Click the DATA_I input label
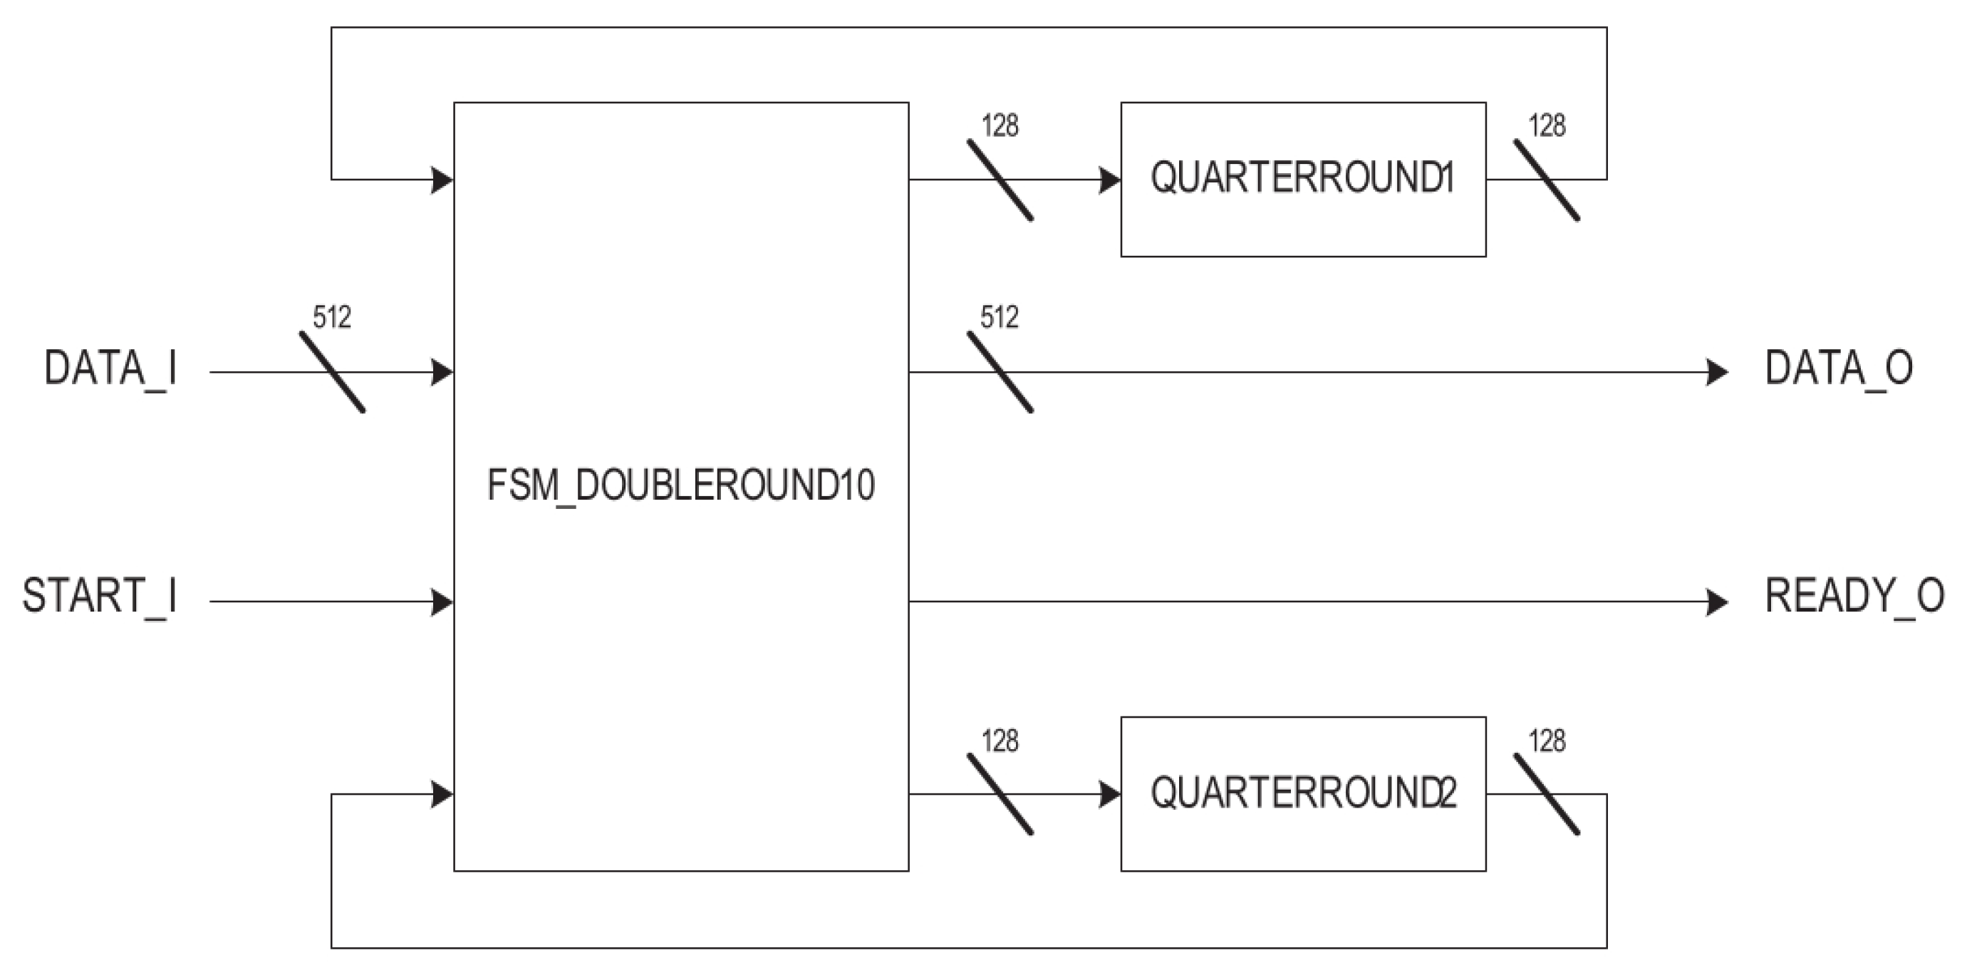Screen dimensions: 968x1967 [110, 369]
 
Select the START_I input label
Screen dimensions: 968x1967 [100, 597]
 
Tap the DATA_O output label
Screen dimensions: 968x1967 [1839, 369]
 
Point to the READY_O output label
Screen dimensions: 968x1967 [1854, 597]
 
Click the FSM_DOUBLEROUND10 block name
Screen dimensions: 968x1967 [680, 486]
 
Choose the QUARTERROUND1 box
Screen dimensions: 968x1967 [1303, 179]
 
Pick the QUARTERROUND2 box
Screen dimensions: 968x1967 [1303, 793]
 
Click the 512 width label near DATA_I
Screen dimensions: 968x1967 [332, 317]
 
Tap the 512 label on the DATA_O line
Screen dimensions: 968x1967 [1000, 317]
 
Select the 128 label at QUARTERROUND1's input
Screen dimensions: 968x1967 [1000, 126]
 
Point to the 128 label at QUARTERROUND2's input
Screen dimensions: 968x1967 [1000, 741]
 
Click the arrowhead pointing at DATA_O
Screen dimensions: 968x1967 [1716, 372]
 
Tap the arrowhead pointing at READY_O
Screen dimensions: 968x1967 [1716, 602]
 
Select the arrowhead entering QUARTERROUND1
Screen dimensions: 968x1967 [1109, 180]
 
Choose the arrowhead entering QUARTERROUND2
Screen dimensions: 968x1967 [1109, 795]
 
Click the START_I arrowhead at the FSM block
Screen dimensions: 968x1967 [442, 602]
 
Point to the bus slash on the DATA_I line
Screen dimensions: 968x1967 [332, 372]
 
